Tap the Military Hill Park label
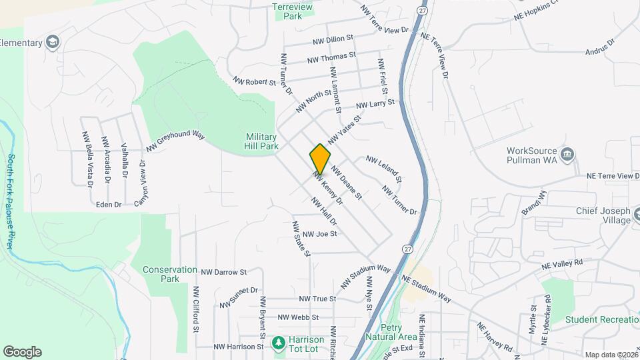click(261, 141)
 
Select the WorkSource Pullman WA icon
click(567, 155)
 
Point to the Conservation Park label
click(170, 275)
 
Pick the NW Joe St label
click(320, 234)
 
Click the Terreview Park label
click(293, 11)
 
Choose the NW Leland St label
click(383, 169)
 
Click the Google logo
click(22, 352)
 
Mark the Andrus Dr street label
click(599, 45)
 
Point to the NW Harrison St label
click(239, 347)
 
